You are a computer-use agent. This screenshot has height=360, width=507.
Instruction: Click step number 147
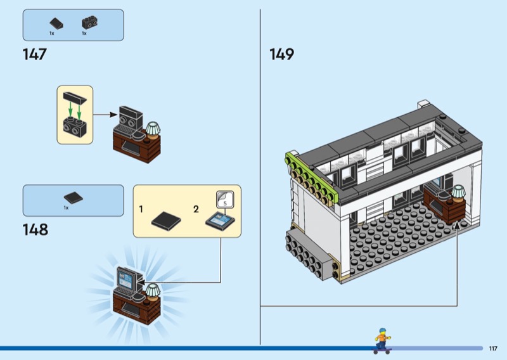coord(34,55)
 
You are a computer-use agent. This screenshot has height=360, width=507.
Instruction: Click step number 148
coord(35,229)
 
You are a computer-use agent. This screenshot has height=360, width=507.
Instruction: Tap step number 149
coord(281,55)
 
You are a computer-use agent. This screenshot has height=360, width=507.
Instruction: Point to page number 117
coord(493,348)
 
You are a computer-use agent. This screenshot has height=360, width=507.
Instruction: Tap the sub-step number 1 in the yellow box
coord(141,209)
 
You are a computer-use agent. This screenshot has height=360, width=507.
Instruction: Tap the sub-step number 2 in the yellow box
coord(196,209)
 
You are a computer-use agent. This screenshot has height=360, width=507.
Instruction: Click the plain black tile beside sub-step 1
coord(166,220)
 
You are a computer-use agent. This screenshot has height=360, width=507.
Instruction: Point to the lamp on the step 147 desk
coord(153,129)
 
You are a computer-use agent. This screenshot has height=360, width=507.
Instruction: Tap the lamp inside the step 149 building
coord(458,192)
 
